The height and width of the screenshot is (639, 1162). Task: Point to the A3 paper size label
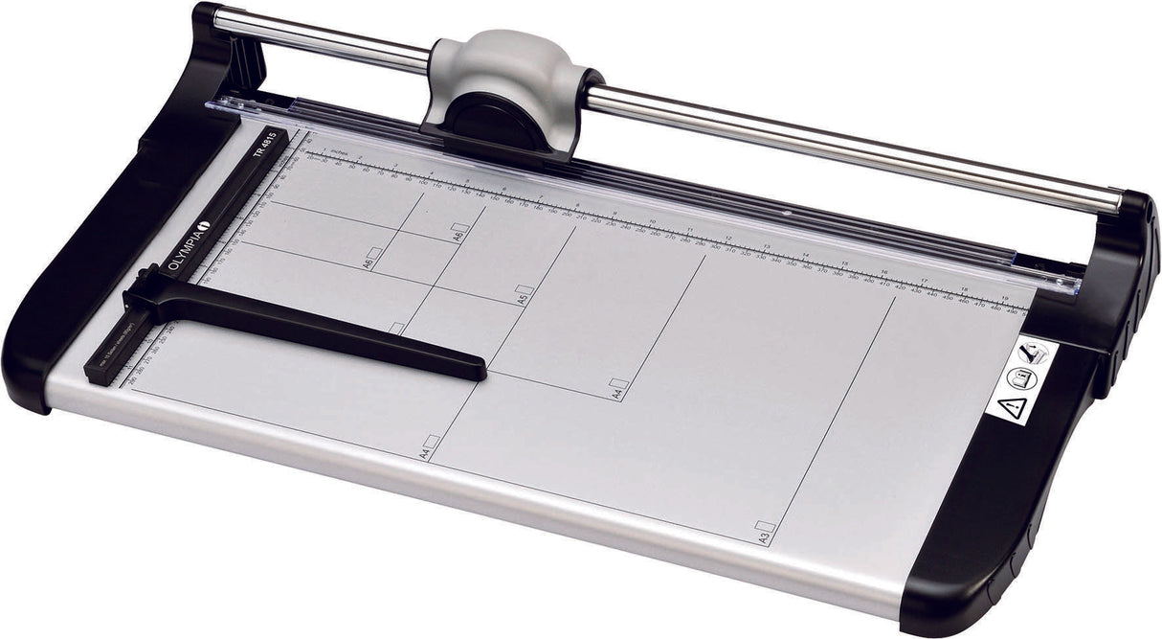(x=764, y=533)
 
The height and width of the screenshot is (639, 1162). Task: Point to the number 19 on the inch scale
(x=1004, y=298)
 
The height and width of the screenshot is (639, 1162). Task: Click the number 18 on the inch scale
(x=964, y=289)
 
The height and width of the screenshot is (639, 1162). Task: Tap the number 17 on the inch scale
(x=924, y=281)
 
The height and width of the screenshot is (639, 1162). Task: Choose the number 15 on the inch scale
(x=843, y=262)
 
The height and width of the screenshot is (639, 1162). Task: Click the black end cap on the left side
(x=86, y=249)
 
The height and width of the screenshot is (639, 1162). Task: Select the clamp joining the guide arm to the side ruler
(x=144, y=297)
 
